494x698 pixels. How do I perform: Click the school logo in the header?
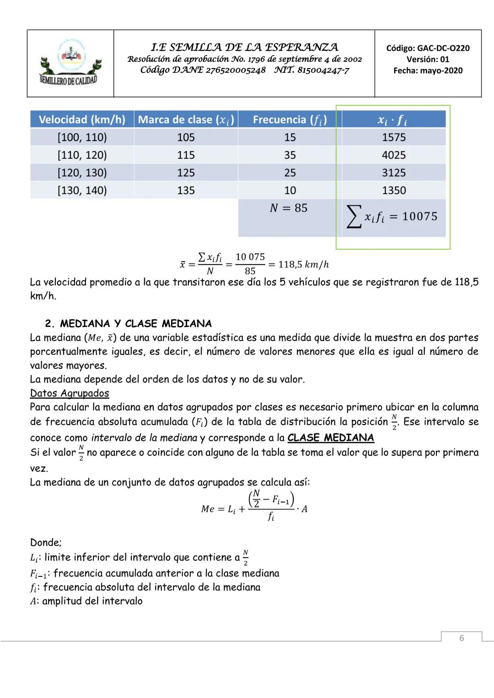(70, 63)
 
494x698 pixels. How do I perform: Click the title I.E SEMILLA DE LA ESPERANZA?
(244, 47)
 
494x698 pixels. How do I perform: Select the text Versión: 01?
(428, 59)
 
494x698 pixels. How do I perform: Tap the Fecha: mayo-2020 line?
(428, 70)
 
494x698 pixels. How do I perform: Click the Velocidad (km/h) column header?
(82, 119)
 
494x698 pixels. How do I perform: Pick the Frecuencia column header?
(290, 120)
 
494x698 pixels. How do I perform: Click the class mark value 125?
(186, 173)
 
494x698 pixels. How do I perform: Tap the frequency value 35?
(290, 155)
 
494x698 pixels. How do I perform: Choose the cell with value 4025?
(394, 155)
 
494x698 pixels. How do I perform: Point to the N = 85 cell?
(289, 208)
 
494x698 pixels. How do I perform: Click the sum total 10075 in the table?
(419, 216)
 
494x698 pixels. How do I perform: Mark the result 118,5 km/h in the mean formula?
(303, 265)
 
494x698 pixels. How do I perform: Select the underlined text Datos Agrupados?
(70, 393)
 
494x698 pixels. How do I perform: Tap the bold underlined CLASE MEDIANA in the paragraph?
(331, 437)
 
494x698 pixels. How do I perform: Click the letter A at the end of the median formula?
(304, 509)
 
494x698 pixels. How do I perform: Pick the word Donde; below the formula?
(46, 543)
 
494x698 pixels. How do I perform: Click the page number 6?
(462, 638)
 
